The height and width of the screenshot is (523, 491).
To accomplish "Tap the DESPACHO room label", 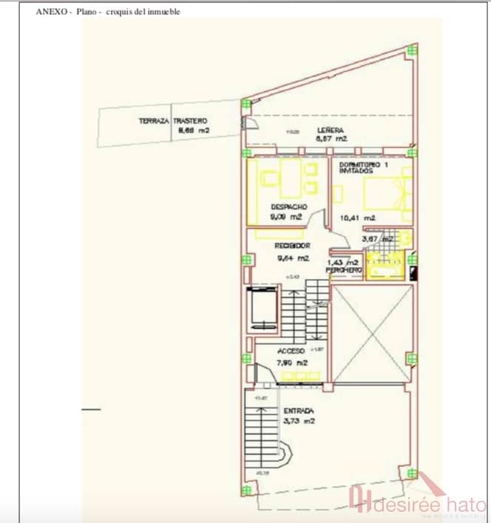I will click(288, 206).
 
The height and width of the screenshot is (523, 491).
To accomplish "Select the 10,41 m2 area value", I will click(358, 218).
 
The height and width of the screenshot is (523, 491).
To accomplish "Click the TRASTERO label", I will click(191, 121).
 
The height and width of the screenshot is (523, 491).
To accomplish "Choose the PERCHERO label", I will click(344, 271).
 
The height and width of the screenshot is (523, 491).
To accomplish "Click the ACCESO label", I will click(291, 351).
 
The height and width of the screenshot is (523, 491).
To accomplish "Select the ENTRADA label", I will click(299, 411).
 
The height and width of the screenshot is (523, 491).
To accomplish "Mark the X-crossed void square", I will click(371, 333).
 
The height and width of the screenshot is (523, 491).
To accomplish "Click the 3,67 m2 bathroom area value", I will click(374, 239).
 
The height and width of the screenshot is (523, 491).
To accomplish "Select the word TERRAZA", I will click(154, 121).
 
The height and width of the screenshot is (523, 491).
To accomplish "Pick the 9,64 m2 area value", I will click(292, 258).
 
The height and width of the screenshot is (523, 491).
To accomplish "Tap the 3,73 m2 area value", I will click(299, 422).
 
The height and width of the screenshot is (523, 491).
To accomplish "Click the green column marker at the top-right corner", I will click(413, 50).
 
